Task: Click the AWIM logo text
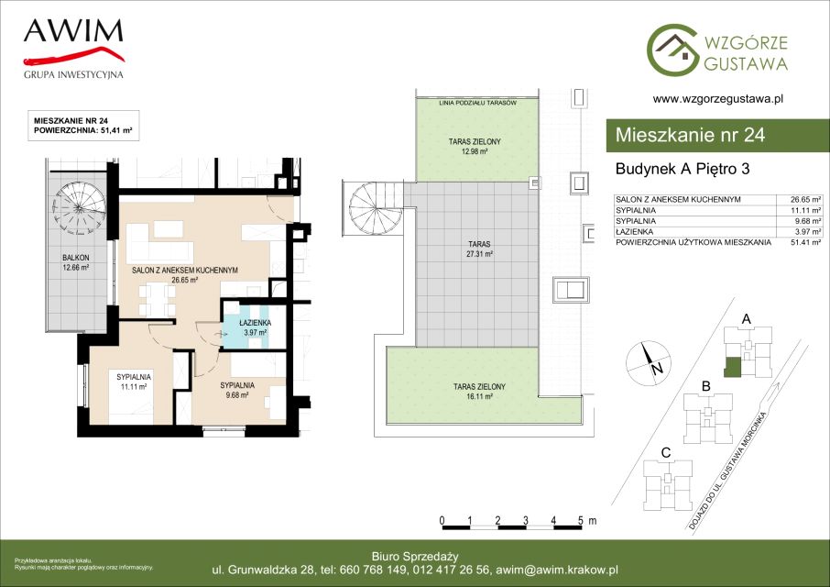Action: tap(73, 31)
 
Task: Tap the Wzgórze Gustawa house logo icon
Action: tap(672, 50)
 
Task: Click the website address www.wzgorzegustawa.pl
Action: tap(718, 98)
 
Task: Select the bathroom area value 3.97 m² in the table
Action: tap(806, 231)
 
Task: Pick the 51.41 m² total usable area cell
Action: tap(804, 242)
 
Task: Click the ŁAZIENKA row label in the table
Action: tap(634, 231)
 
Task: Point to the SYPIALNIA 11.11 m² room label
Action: tap(134, 382)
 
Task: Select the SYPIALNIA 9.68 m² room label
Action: tap(237, 390)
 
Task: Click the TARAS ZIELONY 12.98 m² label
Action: tap(475, 146)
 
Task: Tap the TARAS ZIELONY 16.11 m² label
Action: tap(479, 392)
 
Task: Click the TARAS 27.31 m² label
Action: tap(479, 249)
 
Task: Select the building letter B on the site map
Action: tap(705, 387)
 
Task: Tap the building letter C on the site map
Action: tap(666, 453)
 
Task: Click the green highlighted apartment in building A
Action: tap(733, 367)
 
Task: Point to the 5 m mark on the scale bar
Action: tap(581, 521)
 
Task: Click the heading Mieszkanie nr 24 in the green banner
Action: tap(690, 135)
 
